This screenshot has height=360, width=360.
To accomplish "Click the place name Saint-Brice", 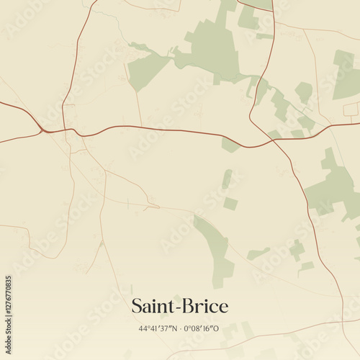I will coord(179,307).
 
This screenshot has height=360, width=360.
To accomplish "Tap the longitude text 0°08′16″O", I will coord(202,329).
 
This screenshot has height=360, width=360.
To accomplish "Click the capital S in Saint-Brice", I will coord(137,307).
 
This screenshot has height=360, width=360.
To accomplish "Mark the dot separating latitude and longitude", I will coord(180,329).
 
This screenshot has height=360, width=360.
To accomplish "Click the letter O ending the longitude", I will coord(217,329).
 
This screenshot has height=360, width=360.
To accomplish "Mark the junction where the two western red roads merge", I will coord(45,130).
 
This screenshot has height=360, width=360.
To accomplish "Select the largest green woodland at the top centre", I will coord(212,47).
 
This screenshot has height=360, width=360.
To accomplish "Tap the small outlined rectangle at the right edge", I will coord(351,109).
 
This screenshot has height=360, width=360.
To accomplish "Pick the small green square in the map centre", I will coord(230,204).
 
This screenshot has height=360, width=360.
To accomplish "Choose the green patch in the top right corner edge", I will coord(347,76).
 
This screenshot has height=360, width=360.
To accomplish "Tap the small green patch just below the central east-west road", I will coord(230,145).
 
